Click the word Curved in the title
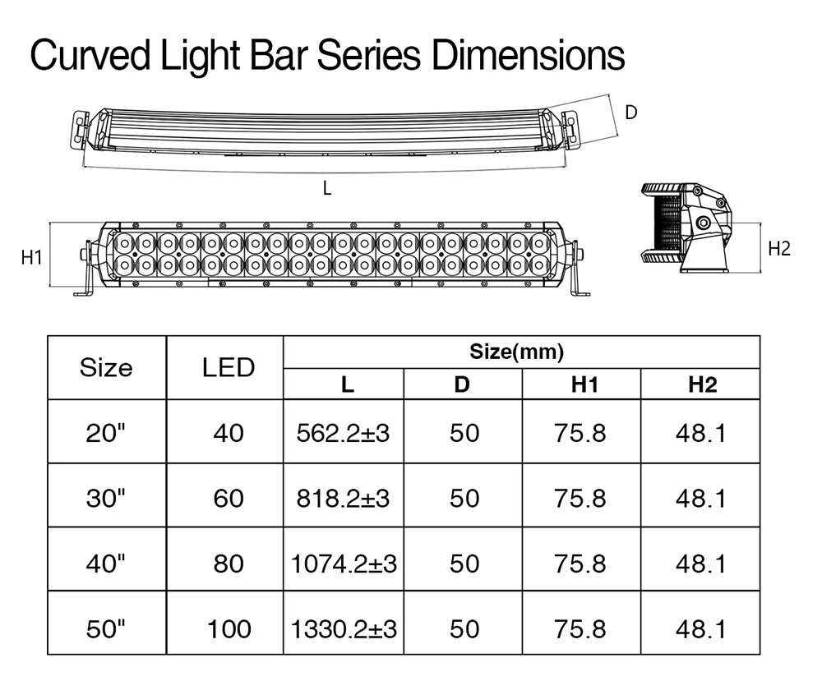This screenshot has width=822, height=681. (90, 55)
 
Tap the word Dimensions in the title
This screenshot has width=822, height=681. (529, 55)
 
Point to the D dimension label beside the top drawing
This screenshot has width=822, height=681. (631, 112)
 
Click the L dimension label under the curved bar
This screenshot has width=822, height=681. (327, 187)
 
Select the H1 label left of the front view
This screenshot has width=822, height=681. (31, 257)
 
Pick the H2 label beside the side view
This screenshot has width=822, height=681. (779, 248)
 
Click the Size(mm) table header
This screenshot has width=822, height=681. (516, 352)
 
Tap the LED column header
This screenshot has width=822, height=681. (229, 367)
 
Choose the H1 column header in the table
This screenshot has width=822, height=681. (584, 384)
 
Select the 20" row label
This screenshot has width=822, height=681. (106, 433)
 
